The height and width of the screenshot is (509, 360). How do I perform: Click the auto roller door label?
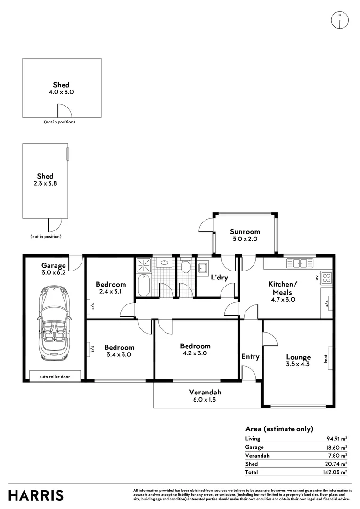(55, 377)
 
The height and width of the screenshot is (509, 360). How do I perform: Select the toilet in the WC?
(186, 267)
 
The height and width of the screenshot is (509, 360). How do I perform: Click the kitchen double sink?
(300, 263)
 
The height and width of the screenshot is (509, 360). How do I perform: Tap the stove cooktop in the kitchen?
(327, 277)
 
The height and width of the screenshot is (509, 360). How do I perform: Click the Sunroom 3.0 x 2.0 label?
(245, 235)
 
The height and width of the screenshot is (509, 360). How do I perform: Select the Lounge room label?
(298, 361)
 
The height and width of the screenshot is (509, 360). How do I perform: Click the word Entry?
(250, 357)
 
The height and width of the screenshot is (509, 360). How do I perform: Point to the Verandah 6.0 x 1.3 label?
(205, 396)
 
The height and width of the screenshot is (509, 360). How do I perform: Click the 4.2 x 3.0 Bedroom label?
(195, 349)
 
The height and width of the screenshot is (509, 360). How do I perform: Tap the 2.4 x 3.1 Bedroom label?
(111, 288)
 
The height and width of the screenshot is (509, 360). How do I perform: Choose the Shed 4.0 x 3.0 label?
(61, 89)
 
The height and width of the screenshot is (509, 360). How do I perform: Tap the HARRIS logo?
(36, 495)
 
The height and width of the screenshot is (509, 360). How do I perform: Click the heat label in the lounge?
(325, 359)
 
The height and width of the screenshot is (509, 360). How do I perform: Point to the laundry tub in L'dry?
(203, 267)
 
